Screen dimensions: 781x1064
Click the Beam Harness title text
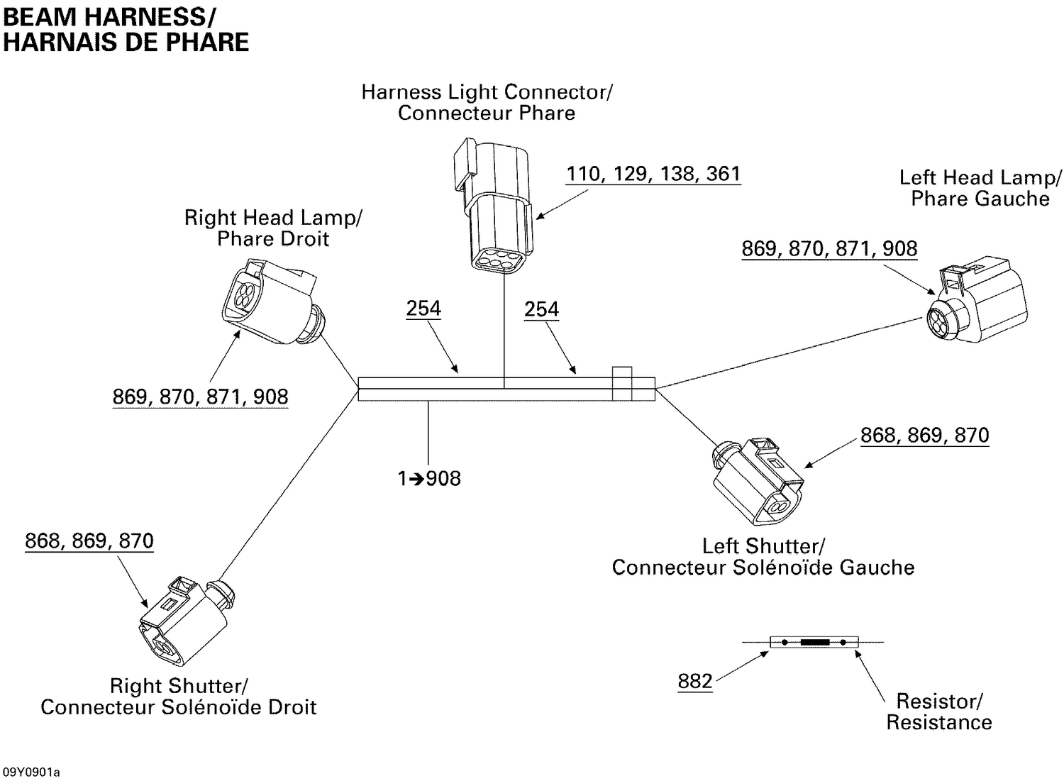click(x=126, y=29)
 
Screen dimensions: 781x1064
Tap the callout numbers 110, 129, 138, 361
click(x=653, y=174)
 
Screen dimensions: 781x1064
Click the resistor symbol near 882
click(x=814, y=642)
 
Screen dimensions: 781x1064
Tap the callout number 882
click(x=694, y=682)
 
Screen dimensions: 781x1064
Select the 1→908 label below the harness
click(x=429, y=479)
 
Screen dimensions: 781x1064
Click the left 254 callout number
click(x=423, y=309)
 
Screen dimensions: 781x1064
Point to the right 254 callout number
click(x=541, y=309)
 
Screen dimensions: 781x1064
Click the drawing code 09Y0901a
click(x=31, y=772)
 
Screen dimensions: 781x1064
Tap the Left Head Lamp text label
click(x=980, y=188)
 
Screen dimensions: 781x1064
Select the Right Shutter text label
click(x=178, y=697)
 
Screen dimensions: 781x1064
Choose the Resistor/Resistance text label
click(x=939, y=711)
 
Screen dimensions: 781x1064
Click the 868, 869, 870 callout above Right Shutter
click(x=89, y=541)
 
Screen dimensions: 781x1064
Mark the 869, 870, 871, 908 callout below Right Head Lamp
click(x=200, y=397)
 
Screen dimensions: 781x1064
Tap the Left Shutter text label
click(x=763, y=557)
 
